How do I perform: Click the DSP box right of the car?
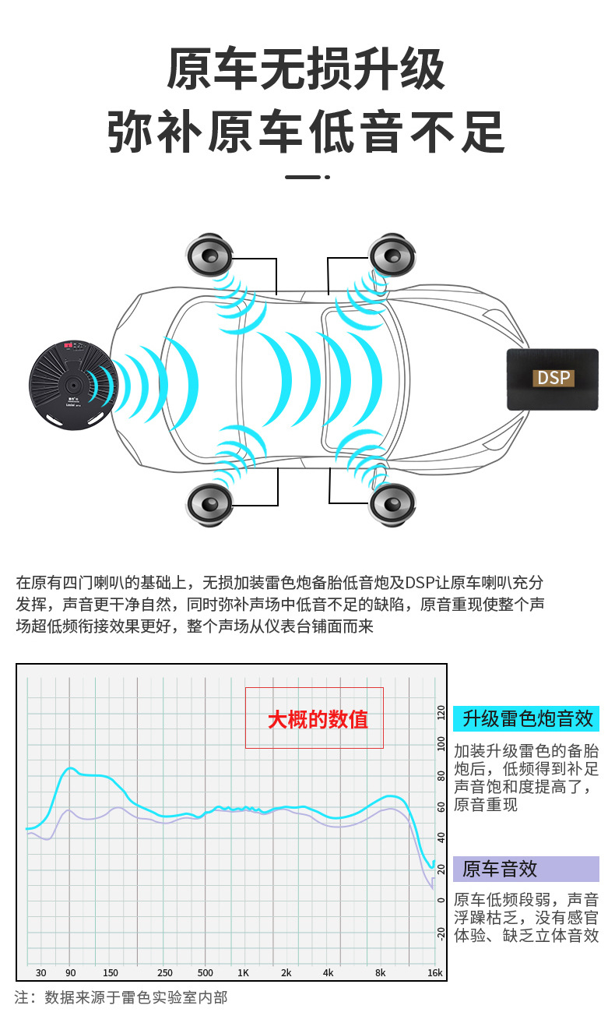pos(552,379)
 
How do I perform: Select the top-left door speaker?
pos(209,255)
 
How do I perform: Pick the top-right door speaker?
pos(392,255)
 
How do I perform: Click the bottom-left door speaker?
pos(209,504)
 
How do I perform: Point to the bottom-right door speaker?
pos(392,504)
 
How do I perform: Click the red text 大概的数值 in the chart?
pos(318,719)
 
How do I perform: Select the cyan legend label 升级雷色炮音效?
pos(526,718)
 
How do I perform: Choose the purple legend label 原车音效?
pos(501,869)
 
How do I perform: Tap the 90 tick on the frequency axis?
pos(70,972)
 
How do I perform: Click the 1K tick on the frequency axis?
pos(244,972)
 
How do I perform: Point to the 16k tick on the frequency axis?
pos(434,972)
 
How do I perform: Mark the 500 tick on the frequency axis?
pos(205,972)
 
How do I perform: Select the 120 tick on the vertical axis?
pos(441,712)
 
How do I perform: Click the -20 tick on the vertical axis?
pos(441,933)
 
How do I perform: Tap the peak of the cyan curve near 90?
pos(69,768)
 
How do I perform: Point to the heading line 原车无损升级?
pos(306,70)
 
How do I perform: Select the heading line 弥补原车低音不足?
pos(306,131)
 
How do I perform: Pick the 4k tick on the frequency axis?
pos(328,972)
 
